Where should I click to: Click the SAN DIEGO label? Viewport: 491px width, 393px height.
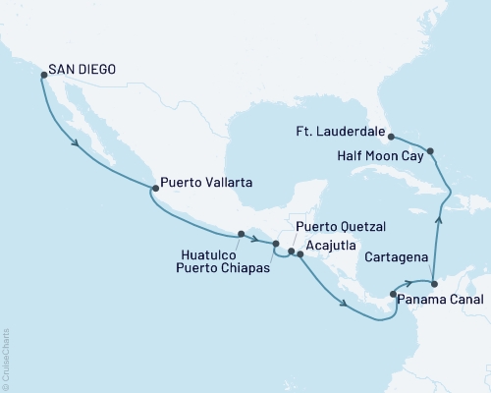pos(84,71)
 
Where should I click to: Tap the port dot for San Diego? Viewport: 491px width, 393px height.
pos(43,74)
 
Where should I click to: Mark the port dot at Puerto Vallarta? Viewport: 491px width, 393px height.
pos(153,187)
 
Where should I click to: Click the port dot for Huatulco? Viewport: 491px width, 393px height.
pos(241,234)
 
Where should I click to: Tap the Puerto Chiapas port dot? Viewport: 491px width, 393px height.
pos(276,244)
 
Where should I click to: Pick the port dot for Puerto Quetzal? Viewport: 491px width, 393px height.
pos(291,252)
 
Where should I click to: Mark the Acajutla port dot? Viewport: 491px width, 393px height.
pos(300,255)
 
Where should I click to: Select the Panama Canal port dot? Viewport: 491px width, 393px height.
pos(393,293)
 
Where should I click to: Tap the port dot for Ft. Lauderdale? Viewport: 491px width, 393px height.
pos(390,137)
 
